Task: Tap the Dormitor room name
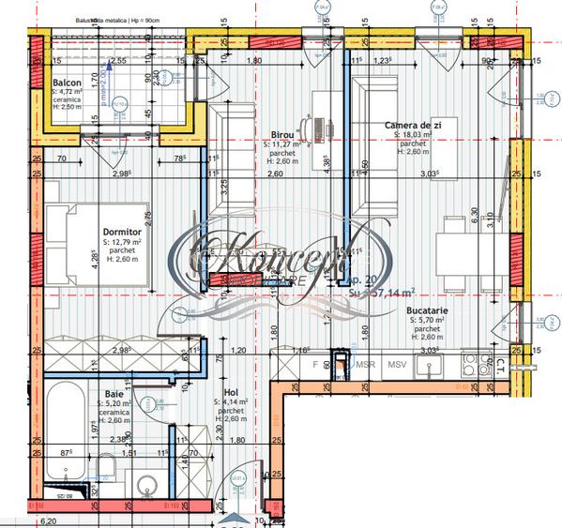click(x=121, y=231)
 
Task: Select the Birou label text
click(x=280, y=135)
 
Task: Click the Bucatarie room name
click(x=428, y=310)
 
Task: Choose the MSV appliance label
click(x=397, y=363)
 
